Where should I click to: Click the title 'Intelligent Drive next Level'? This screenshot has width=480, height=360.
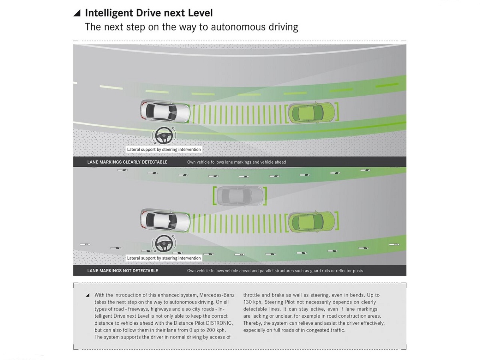coord(149,13)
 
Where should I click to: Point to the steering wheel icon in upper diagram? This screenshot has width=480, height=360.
coord(164,136)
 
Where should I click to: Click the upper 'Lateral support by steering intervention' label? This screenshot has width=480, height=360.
coord(164,150)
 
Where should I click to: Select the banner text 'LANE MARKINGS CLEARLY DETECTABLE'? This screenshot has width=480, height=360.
coord(127,162)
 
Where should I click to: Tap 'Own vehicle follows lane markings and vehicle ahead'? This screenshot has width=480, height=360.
coord(236,162)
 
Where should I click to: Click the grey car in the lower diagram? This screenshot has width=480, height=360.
coord(240,196)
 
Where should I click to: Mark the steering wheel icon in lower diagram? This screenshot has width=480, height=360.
coord(164,244)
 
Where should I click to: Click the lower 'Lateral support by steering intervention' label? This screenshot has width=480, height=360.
coord(164,258)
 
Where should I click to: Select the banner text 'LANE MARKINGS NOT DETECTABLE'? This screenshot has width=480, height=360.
coord(123,271)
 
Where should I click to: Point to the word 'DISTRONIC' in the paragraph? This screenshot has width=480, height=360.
coord(219,323)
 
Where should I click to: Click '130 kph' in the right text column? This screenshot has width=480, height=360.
coord(252,302)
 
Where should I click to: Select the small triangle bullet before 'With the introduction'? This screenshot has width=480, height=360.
coord(88,295)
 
